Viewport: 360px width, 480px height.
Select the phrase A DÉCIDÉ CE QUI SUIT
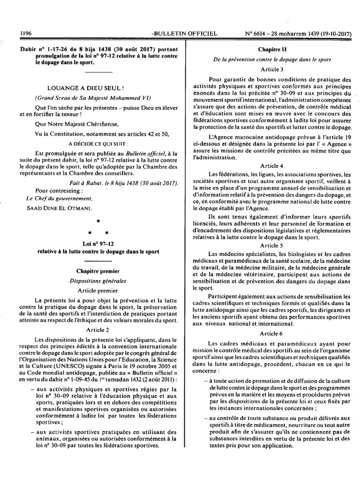(97, 143)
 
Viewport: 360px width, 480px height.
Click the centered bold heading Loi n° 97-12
(98, 244)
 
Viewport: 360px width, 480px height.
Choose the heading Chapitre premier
(98, 271)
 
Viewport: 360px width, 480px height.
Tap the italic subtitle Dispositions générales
(98, 281)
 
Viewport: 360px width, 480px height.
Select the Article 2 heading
(98, 330)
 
